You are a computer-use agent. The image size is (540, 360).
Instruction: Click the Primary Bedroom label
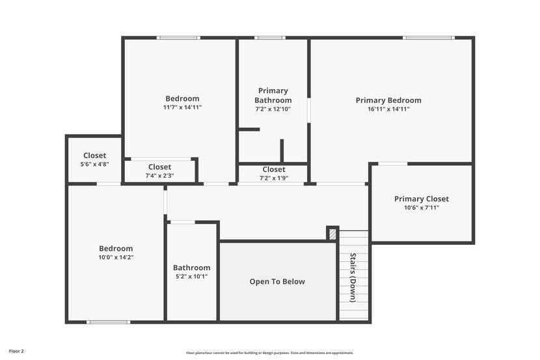(388, 100)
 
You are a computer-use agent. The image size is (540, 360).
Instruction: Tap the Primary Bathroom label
(273, 96)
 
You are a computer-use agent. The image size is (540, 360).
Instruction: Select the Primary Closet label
(422, 199)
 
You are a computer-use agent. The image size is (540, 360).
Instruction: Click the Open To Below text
(277, 282)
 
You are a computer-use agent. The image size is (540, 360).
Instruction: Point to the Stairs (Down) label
(353, 277)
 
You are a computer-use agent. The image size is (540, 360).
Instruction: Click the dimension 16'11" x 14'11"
(388, 109)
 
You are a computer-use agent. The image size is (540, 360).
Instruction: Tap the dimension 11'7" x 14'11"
(182, 107)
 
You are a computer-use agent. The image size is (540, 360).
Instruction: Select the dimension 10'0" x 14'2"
(116, 257)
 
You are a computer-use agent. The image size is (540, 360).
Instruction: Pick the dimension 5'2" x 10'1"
(191, 277)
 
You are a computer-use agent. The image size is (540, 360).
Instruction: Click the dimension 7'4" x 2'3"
(159, 176)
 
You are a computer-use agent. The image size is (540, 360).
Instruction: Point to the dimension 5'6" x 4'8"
(94, 164)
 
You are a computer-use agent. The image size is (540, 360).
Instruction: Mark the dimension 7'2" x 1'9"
(274, 178)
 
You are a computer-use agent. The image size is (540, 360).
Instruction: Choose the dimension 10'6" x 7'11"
(422, 208)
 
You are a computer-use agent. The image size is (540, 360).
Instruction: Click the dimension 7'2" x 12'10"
(273, 109)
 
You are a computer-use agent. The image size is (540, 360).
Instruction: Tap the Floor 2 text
(16, 352)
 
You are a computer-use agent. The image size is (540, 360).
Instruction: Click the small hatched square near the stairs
(332, 234)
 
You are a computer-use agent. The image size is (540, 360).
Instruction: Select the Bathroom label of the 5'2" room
(191, 268)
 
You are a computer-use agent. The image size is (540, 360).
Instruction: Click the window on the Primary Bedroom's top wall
(428, 38)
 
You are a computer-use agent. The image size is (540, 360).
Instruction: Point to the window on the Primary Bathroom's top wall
(269, 38)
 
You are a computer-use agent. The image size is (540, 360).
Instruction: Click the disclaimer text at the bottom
(269, 353)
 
